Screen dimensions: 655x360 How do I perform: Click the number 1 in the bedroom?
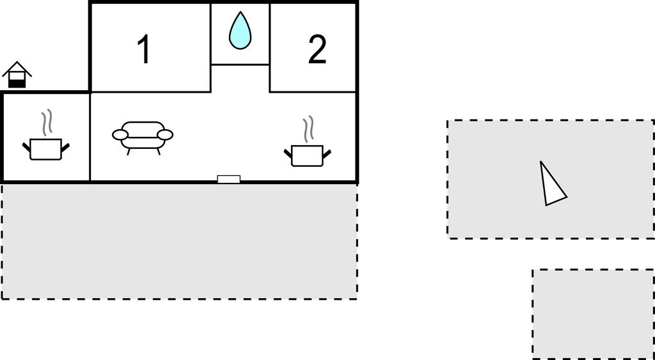(x=144, y=49)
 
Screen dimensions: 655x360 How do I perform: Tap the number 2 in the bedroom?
(x=317, y=50)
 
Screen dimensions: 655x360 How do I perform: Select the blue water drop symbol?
(x=241, y=31)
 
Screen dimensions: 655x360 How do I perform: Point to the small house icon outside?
(x=17, y=75)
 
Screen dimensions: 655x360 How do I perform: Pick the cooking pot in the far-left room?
(x=46, y=149)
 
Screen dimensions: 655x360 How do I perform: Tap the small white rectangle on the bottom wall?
(x=229, y=179)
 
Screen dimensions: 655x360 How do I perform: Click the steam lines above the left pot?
(x=47, y=121)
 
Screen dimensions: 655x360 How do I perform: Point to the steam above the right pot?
(x=308, y=129)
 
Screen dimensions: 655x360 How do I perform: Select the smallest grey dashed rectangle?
(x=593, y=314)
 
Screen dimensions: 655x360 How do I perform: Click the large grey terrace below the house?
(x=179, y=242)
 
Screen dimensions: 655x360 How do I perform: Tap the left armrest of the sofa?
(x=120, y=135)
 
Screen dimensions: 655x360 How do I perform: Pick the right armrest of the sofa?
(x=165, y=135)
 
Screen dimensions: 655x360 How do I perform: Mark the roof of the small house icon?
(x=17, y=68)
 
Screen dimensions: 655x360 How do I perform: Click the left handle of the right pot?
(x=288, y=153)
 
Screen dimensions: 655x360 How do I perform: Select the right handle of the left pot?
(x=65, y=147)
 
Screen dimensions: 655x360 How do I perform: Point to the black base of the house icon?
(x=17, y=84)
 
